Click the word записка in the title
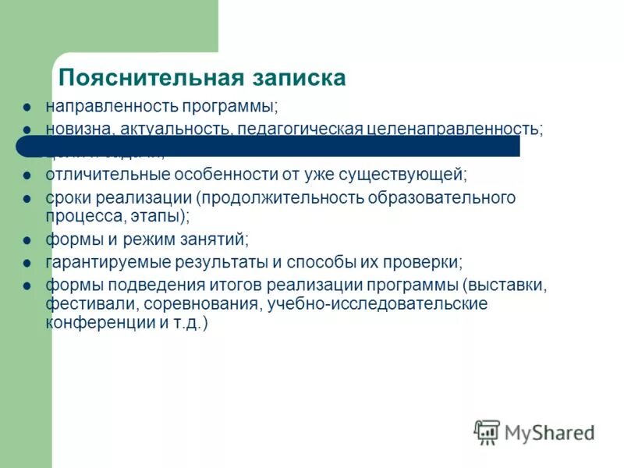pos(299,79)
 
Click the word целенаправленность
pos(454,128)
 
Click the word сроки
pos(68,197)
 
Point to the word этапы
pos(162,214)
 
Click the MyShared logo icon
pos(487,431)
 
